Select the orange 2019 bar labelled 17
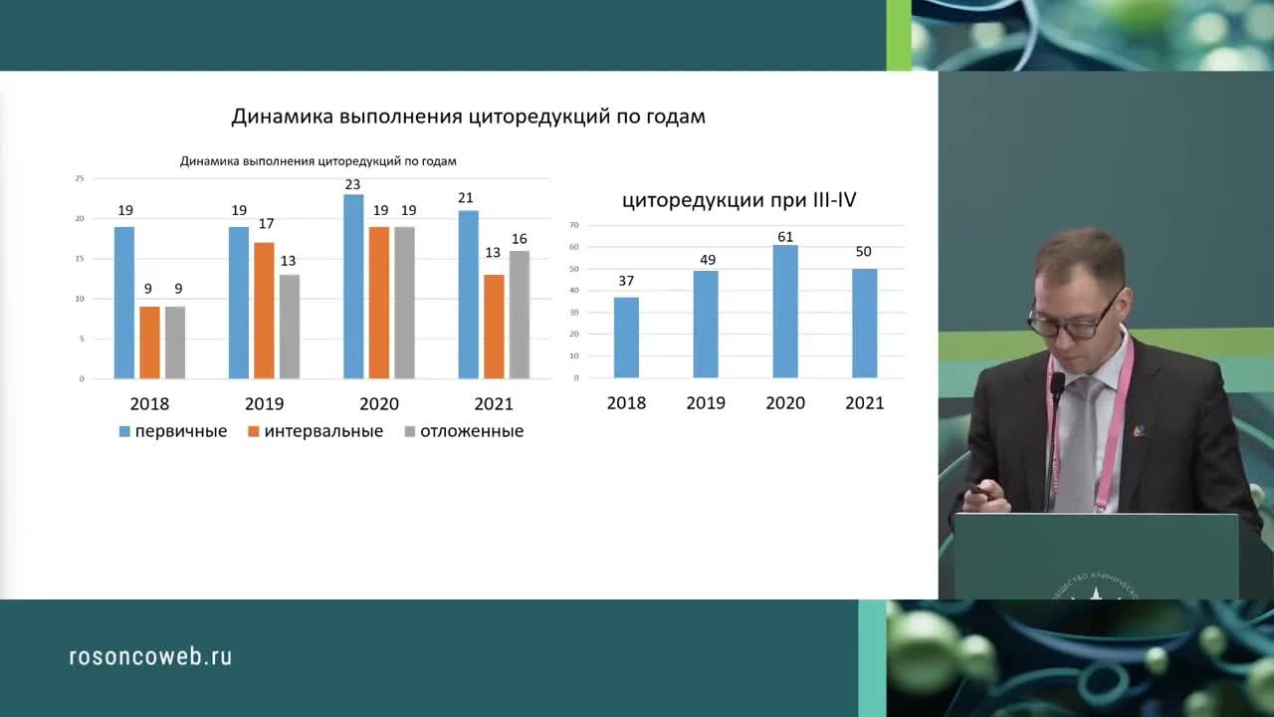click(x=264, y=311)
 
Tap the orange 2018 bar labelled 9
click(x=149, y=343)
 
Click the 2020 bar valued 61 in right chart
click(x=785, y=312)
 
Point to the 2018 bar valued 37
click(x=626, y=338)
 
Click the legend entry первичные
click(x=173, y=431)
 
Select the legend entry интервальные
click(x=317, y=431)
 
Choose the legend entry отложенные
click(x=463, y=431)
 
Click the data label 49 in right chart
click(x=706, y=260)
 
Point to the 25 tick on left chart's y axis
click(x=80, y=178)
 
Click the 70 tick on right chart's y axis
click(x=574, y=225)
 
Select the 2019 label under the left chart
click(x=264, y=404)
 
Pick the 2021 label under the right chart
click(x=864, y=403)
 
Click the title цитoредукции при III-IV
click(x=740, y=200)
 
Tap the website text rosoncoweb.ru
click(x=150, y=656)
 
